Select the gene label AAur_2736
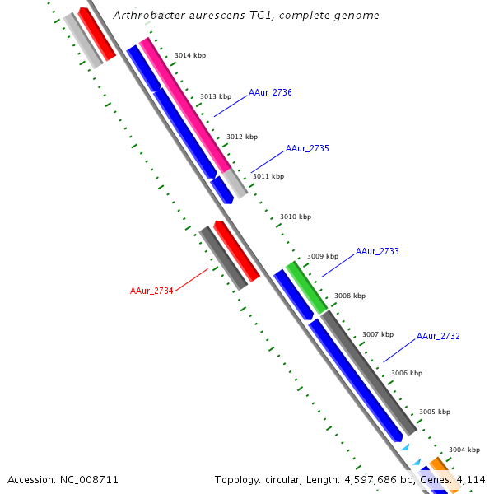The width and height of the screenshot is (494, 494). [x=270, y=92]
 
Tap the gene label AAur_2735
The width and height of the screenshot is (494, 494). [x=307, y=149]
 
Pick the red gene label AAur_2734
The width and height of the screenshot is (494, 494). [x=151, y=291]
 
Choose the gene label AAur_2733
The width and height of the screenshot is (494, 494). [x=377, y=251]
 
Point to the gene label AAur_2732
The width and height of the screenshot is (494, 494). [x=438, y=336]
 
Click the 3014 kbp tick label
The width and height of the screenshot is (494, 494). [x=190, y=55]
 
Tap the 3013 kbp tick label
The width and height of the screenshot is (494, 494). [x=216, y=96]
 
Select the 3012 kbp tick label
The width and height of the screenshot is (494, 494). [x=242, y=137]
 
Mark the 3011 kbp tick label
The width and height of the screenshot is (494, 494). [x=268, y=176]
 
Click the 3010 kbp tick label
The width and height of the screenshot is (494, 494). [x=296, y=217]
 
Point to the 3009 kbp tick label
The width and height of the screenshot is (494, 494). [x=323, y=256]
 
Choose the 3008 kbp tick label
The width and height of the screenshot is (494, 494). [x=350, y=296]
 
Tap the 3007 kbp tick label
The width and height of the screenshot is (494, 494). [x=378, y=334]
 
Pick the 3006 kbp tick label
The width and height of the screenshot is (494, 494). [x=407, y=373]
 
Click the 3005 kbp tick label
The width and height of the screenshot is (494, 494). [x=435, y=412]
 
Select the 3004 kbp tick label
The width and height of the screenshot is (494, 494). [x=464, y=450]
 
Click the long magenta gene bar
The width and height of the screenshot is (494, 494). [x=185, y=105]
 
